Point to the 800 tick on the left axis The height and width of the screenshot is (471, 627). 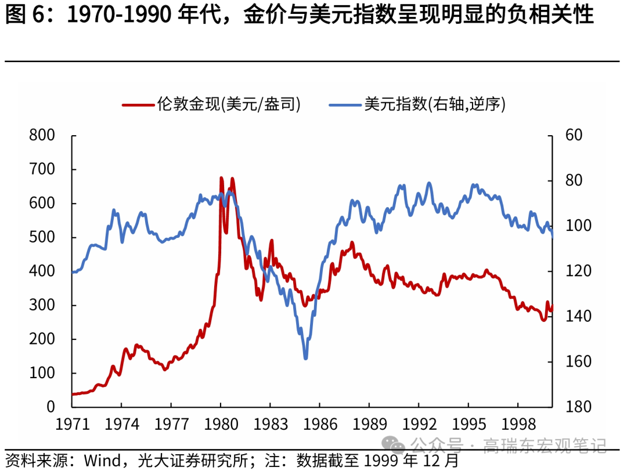pos(42,135)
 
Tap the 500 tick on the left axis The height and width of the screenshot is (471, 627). pos(42,237)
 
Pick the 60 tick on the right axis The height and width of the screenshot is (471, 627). pos(572,135)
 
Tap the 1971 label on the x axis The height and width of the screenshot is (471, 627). pos(73,424)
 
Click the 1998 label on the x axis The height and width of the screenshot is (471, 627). pos(518,424)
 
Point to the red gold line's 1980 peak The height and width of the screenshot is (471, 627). pos(221,178)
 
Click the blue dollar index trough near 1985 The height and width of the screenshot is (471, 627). pos(305,358)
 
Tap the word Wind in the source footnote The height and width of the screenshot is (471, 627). pos(102,461)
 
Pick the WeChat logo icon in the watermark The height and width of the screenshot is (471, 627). pos(398,445)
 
